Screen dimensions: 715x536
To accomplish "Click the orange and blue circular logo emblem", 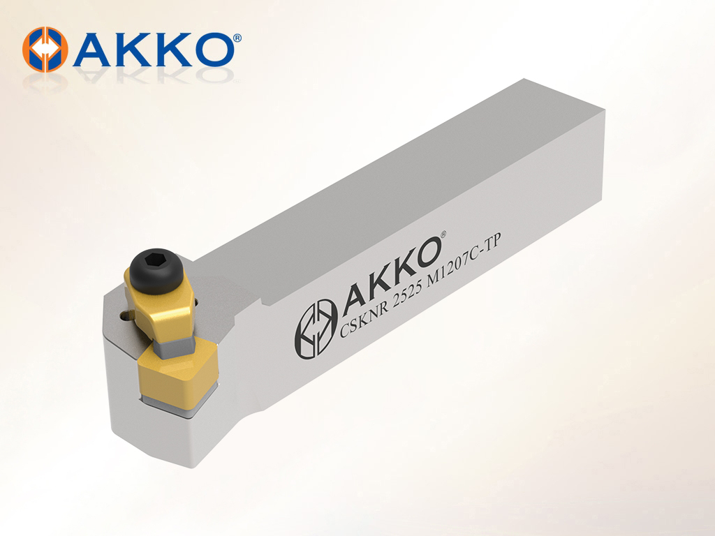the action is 45,50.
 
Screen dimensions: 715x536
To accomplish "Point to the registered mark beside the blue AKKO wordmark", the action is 237,38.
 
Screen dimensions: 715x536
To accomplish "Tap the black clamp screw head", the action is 156,271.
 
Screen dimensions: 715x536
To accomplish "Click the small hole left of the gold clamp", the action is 124,315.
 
